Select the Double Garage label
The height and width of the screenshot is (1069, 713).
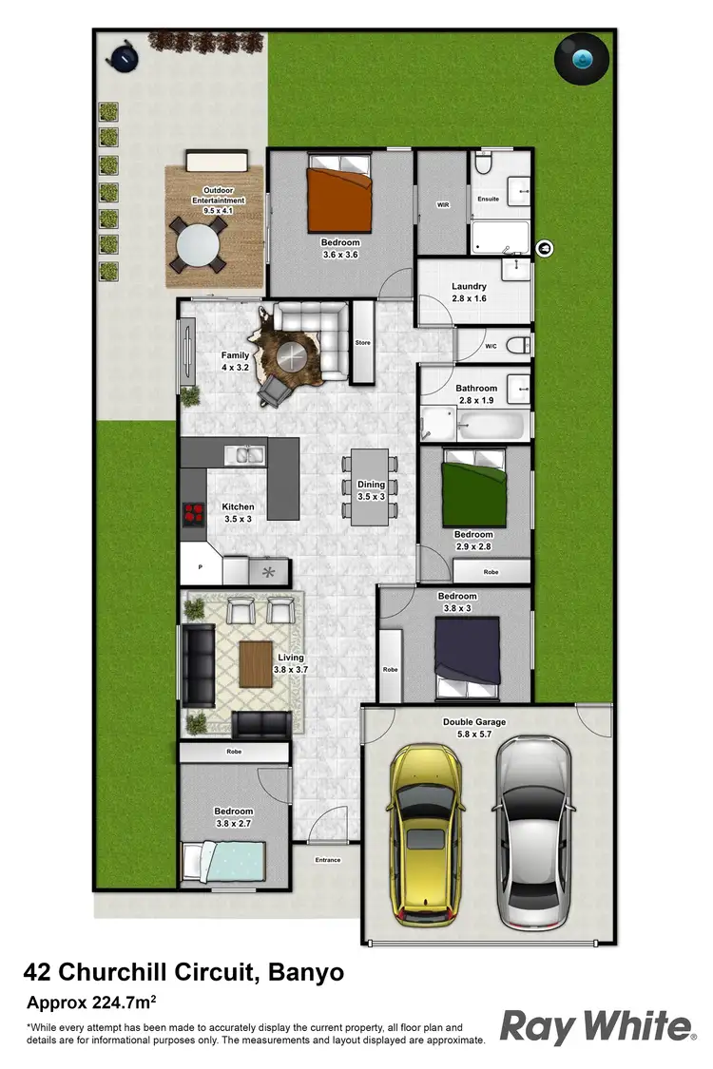pos(474,722)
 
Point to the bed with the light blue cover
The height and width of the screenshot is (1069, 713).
pos(224,862)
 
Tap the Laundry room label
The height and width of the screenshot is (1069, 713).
pos(469,286)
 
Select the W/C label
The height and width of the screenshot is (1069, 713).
pos(491,345)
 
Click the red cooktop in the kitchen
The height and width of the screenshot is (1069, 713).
pos(194,514)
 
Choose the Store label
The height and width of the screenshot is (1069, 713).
pos(362,343)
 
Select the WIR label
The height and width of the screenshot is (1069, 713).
pos(443,204)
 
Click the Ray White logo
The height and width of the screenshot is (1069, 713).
pos(597,1027)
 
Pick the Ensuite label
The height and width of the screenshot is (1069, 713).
pos(489,200)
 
